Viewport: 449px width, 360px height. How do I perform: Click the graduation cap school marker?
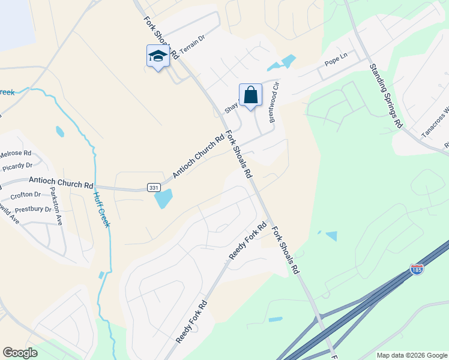tap(157, 56)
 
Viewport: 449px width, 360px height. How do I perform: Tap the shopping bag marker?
tap(250, 95)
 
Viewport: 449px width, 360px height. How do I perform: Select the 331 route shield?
tap(154, 188)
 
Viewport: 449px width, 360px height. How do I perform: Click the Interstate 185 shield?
tap(417, 269)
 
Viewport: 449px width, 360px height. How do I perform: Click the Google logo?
tap(20, 353)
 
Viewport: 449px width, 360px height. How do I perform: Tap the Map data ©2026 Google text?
tap(411, 355)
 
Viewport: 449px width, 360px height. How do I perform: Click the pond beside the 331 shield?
tap(163, 199)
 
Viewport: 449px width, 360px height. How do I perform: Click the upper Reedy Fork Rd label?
tap(247, 241)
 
